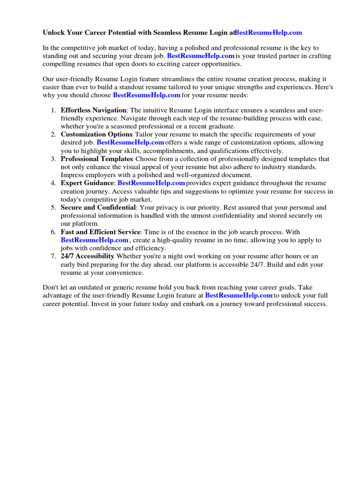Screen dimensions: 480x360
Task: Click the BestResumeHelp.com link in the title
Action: tap(268, 32)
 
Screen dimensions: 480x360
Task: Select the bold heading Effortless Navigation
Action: tap(94, 110)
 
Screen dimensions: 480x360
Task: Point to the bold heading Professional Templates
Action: tap(97, 159)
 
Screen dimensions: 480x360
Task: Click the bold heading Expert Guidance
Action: tap(87, 183)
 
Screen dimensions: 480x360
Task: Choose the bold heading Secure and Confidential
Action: tap(98, 207)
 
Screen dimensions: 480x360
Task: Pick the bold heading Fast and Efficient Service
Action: tap(100, 232)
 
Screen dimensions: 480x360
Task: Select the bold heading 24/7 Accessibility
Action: tap(87, 256)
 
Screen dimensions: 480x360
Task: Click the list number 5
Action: tap(53, 207)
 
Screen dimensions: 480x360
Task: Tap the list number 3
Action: tap(53, 159)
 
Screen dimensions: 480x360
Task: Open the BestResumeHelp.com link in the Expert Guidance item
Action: tap(151, 183)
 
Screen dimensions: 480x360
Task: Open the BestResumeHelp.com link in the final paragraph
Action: tap(239, 296)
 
